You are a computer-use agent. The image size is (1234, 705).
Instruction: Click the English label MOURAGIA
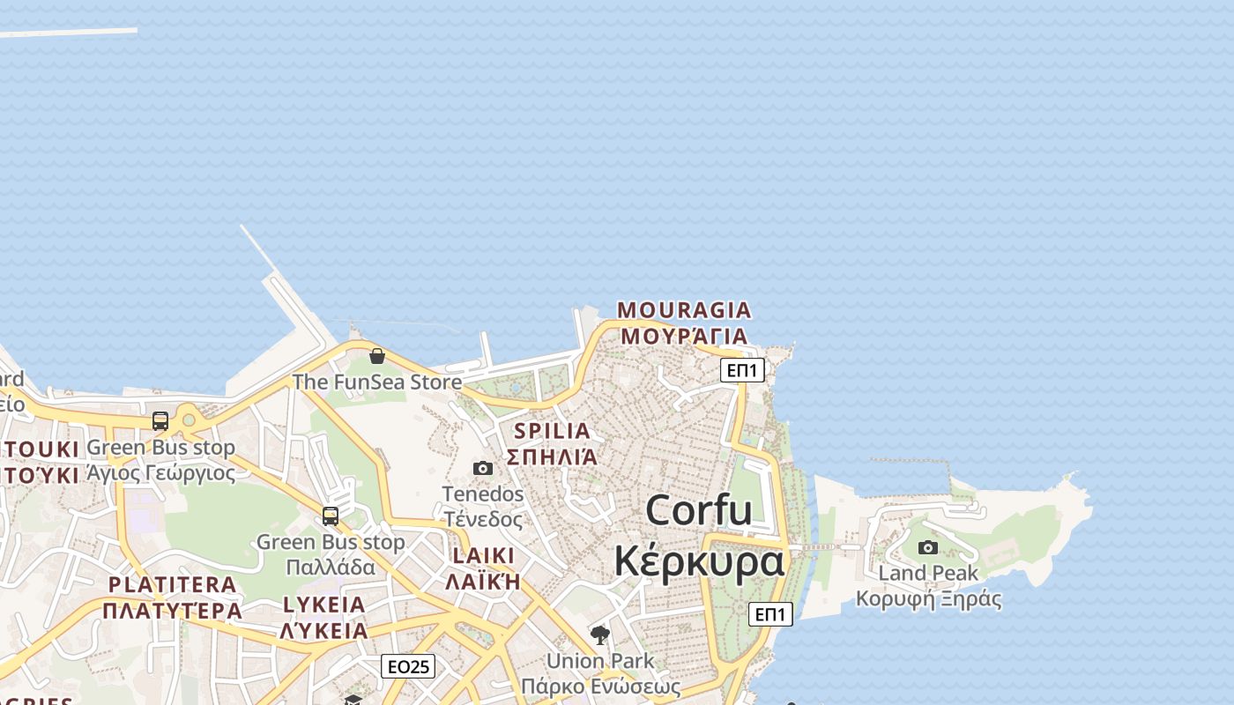[x=684, y=310]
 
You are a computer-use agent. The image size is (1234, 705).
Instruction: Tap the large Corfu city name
[x=699, y=510]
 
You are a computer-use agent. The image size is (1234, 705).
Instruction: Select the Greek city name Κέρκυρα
[x=699, y=560]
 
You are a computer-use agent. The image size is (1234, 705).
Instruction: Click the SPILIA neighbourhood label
[x=552, y=431]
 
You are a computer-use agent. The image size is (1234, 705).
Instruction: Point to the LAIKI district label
[x=483, y=556]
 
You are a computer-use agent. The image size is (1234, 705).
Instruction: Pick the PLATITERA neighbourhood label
[x=173, y=584]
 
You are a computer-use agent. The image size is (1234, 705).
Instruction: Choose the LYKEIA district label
[x=324, y=605]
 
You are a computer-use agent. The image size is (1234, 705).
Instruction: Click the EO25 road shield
[x=408, y=666]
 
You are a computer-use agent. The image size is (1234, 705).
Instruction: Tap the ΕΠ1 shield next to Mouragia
[x=742, y=370]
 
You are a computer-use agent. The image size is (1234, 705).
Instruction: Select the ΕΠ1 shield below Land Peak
[x=770, y=614]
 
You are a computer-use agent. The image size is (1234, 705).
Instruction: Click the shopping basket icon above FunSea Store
[x=377, y=356]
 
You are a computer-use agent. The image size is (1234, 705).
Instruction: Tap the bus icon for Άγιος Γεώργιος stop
[x=160, y=421]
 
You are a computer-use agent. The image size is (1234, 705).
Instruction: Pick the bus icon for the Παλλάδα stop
[x=331, y=516]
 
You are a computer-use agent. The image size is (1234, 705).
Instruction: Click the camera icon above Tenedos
[x=483, y=468]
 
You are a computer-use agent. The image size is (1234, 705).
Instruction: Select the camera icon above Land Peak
[x=928, y=547]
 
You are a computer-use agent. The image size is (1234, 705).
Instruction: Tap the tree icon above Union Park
[x=600, y=634]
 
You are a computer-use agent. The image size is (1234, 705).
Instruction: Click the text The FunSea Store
[x=377, y=382]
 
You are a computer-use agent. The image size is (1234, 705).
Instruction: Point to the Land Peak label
[x=928, y=573]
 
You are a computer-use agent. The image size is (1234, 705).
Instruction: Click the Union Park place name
[x=600, y=660]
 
